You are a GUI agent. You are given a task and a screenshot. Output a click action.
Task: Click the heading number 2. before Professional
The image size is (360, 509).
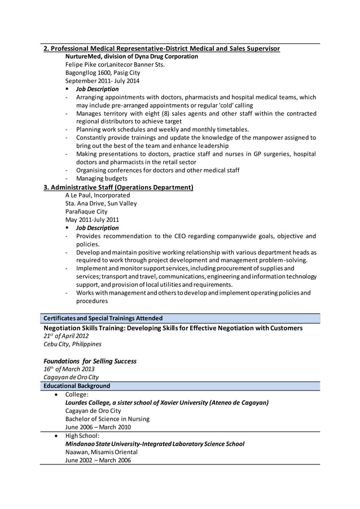point(47,49)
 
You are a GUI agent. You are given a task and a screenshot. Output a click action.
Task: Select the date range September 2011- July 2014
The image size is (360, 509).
point(102,81)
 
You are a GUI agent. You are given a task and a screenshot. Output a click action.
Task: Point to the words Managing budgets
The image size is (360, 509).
point(102,178)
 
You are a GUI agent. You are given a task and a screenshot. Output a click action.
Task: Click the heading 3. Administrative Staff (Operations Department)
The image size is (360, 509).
point(118,187)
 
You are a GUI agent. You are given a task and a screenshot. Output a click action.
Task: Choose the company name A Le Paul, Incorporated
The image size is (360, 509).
point(98,195)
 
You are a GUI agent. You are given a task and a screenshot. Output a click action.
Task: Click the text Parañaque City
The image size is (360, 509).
point(86,212)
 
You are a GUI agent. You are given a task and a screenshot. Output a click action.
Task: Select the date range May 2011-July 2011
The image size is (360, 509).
point(92,220)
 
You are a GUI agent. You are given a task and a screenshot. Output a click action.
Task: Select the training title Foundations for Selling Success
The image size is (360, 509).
point(90,361)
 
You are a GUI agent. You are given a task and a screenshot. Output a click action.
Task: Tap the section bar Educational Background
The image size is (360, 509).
point(77,386)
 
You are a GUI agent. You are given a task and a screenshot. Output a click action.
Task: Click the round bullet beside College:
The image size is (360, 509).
point(56,394)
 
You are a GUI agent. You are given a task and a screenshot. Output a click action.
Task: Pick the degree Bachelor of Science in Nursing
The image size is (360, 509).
point(107,419)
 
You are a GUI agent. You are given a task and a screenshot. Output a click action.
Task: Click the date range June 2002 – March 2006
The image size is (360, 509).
point(98,460)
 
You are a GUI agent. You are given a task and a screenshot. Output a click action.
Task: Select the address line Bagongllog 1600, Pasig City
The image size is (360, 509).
point(103,73)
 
